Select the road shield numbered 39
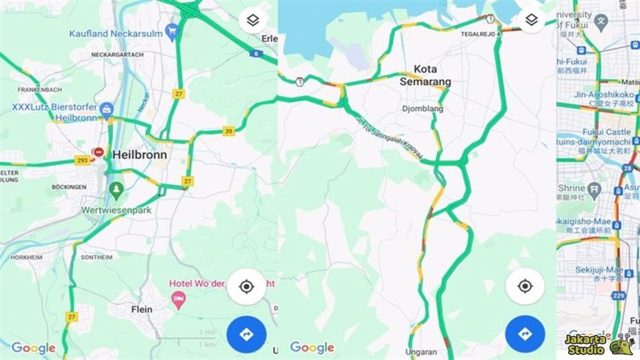pyautogui.click(x=229, y=131)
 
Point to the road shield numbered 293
pyautogui.click(x=81, y=159)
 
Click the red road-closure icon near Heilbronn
pyautogui.click(x=98, y=152)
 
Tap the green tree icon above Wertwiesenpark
pyautogui.click(x=116, y=188)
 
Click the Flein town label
pyautogui.click(x=142, y=309)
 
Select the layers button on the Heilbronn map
pyautogui.click(x=252, y=21)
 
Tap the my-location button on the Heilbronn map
pyautogui.click(x=246, y=287)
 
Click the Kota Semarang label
pyautogui.click(x=425, y=75)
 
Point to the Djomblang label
pyautogui.click(x=422, y=108)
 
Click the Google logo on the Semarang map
pyautogui.click(x=312, y=348)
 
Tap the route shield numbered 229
pyautogui.click(x=619, y=295)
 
